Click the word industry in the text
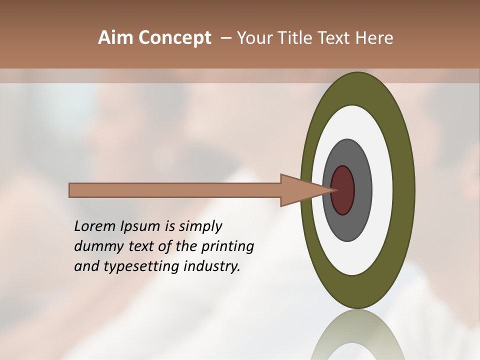pyautogui.click(x=212, y=267)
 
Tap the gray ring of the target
pyautogui.click(x=361, y=190)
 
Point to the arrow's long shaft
pyautogui.click(x=175, y=190)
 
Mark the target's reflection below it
pyautogui.click(x=357, y=335)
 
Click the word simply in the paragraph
pyautogui.click(x=200, y=227)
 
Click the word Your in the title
pyautogui.click(x=255, y=38)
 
